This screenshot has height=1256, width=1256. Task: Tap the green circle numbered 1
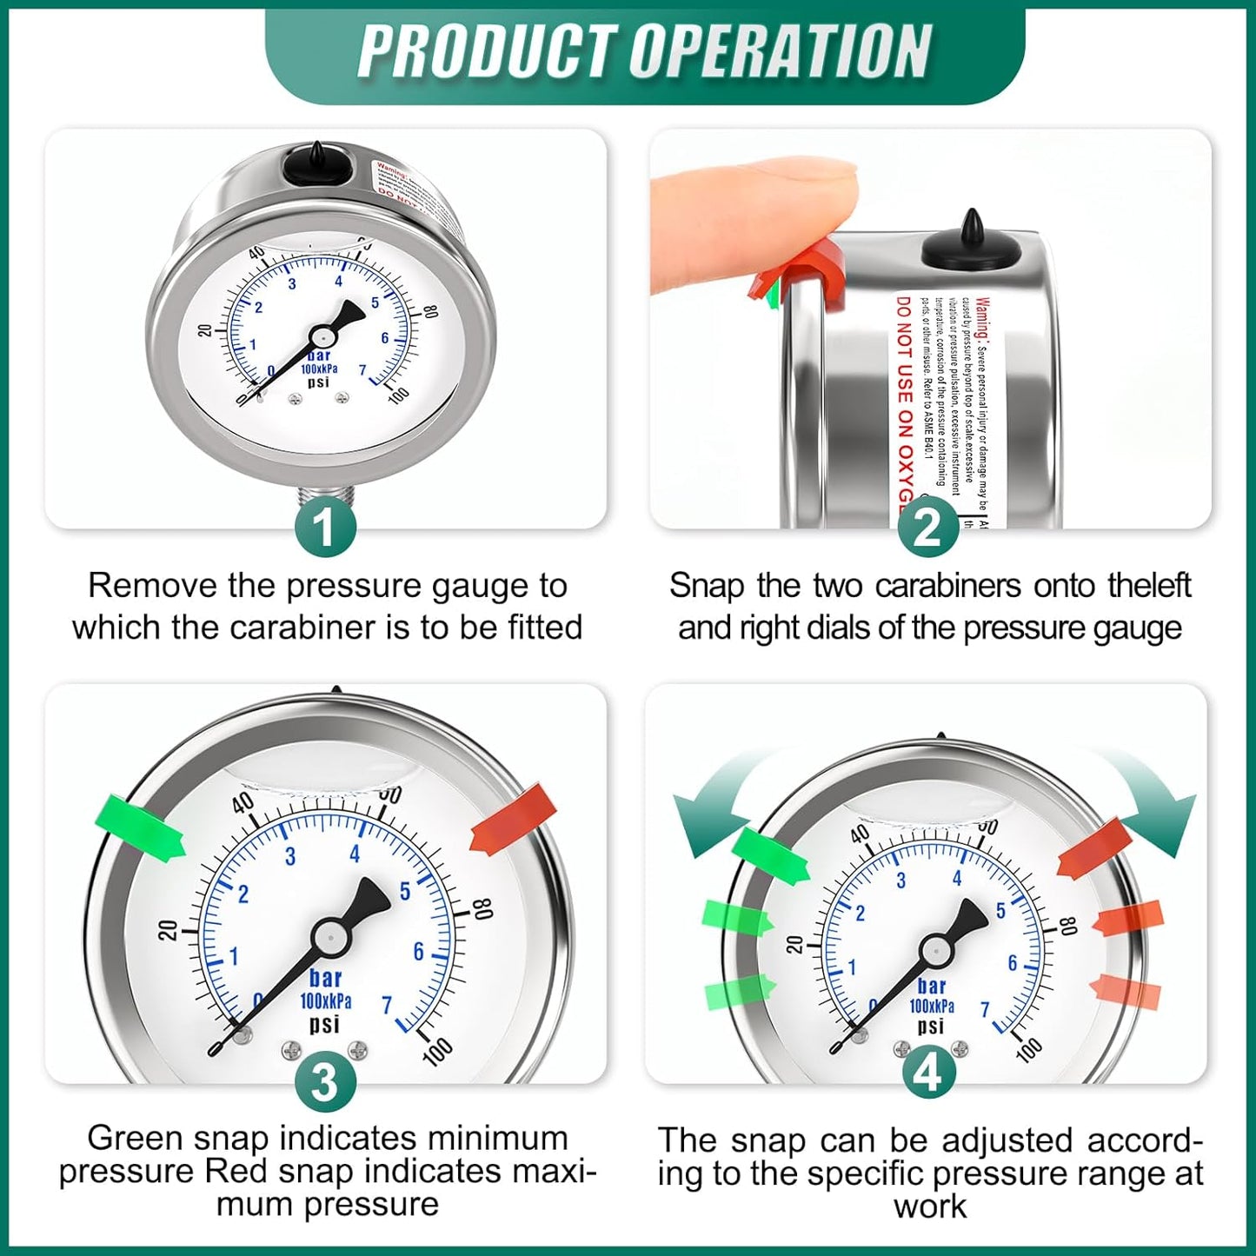(x=324, y=527)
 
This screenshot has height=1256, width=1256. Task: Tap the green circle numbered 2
(x=927, y=527)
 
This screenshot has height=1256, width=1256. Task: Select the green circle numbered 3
(x=324, y=1083)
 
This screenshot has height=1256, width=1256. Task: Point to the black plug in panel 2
(x=972, y=243)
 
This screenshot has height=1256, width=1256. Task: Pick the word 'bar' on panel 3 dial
(x=325, y=978)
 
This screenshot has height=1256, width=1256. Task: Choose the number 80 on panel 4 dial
(x=1068, y=926)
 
